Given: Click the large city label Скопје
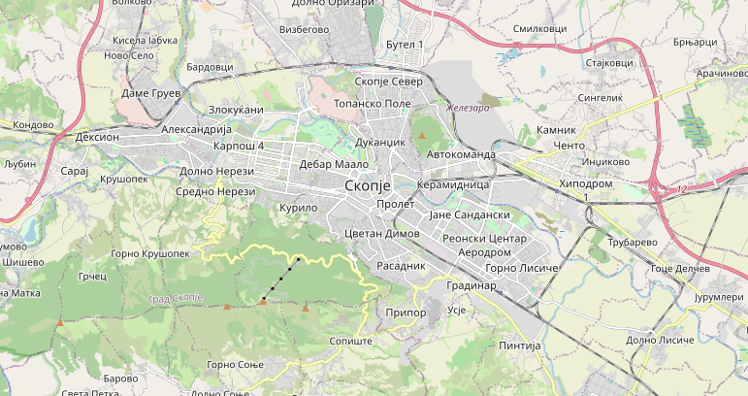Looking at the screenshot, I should coord(367,184).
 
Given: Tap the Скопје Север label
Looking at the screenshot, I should coord(389,82).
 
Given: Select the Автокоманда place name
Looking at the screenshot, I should coord(461,154).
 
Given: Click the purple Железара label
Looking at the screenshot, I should coord(468,108).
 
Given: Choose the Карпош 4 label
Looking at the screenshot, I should coord(238,146).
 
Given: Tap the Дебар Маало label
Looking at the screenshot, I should coord(329,164).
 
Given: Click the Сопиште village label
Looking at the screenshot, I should coord(351,343).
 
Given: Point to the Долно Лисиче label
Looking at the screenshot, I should coord(660,340).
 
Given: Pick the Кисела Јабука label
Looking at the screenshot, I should coord(146,41).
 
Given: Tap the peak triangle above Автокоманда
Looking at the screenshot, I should coord(421,136).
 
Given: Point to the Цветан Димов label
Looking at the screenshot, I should coord(381,234).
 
